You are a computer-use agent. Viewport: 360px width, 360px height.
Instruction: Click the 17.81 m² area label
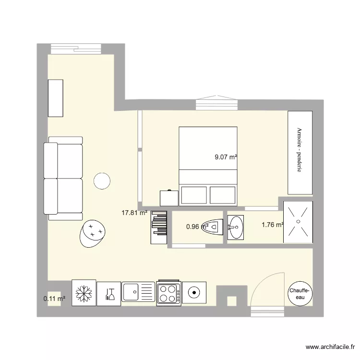[x=134, y=213]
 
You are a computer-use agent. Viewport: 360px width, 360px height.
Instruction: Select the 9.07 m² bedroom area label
[x=226, y=156]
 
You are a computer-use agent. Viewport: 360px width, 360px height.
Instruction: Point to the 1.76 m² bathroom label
[x=272, y=224]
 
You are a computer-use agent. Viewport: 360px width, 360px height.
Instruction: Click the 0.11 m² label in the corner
[x=54, y=299]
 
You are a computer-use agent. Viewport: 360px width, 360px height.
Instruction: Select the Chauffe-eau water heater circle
[x=300, y=293]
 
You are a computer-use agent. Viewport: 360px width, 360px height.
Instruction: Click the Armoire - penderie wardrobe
[x=300, y=152]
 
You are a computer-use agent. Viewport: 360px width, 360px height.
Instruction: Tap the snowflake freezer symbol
[x=84, y=293]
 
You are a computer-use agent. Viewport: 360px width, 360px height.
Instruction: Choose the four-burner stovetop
[x=169, y=293]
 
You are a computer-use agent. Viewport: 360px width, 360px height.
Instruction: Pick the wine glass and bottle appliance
[x=109, y=293]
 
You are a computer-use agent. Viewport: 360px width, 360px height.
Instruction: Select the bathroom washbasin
[x=235, y=226]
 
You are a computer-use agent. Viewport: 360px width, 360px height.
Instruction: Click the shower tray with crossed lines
[x=298, y=221]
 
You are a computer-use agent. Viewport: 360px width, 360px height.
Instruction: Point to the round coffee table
[x=102, y=180]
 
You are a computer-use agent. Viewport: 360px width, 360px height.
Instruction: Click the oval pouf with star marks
[x=92, y=233]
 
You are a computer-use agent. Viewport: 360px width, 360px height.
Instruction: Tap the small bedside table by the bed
[x=168, y=197]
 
